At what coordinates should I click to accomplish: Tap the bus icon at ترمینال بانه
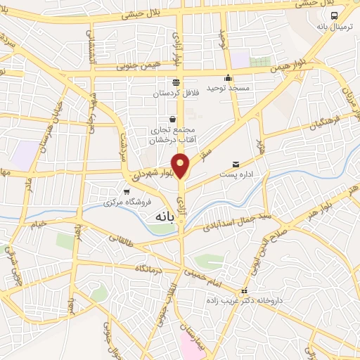pos(334,15)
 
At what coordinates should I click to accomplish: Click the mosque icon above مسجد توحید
pos(227,78)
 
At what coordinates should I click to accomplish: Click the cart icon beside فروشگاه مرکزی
pos(127,191)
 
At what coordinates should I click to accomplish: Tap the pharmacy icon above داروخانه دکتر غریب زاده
pos(244,290)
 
